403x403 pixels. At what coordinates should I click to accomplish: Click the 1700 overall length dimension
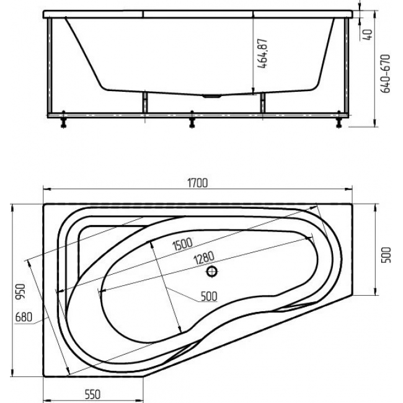click(197, 183)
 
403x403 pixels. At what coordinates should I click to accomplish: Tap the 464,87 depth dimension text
click(262, 53)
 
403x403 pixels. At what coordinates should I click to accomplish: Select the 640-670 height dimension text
click(385, 74)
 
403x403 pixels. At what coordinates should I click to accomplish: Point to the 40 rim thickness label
click(368, 35)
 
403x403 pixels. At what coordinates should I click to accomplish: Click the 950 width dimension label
click(20, 291)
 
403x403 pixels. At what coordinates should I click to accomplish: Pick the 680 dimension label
click(24, 317)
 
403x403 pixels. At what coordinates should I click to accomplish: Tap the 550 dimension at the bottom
click(92, 394)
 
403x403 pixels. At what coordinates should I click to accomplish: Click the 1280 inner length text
click(204, 258)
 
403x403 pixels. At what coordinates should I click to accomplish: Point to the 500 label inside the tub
click(209, 296)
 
